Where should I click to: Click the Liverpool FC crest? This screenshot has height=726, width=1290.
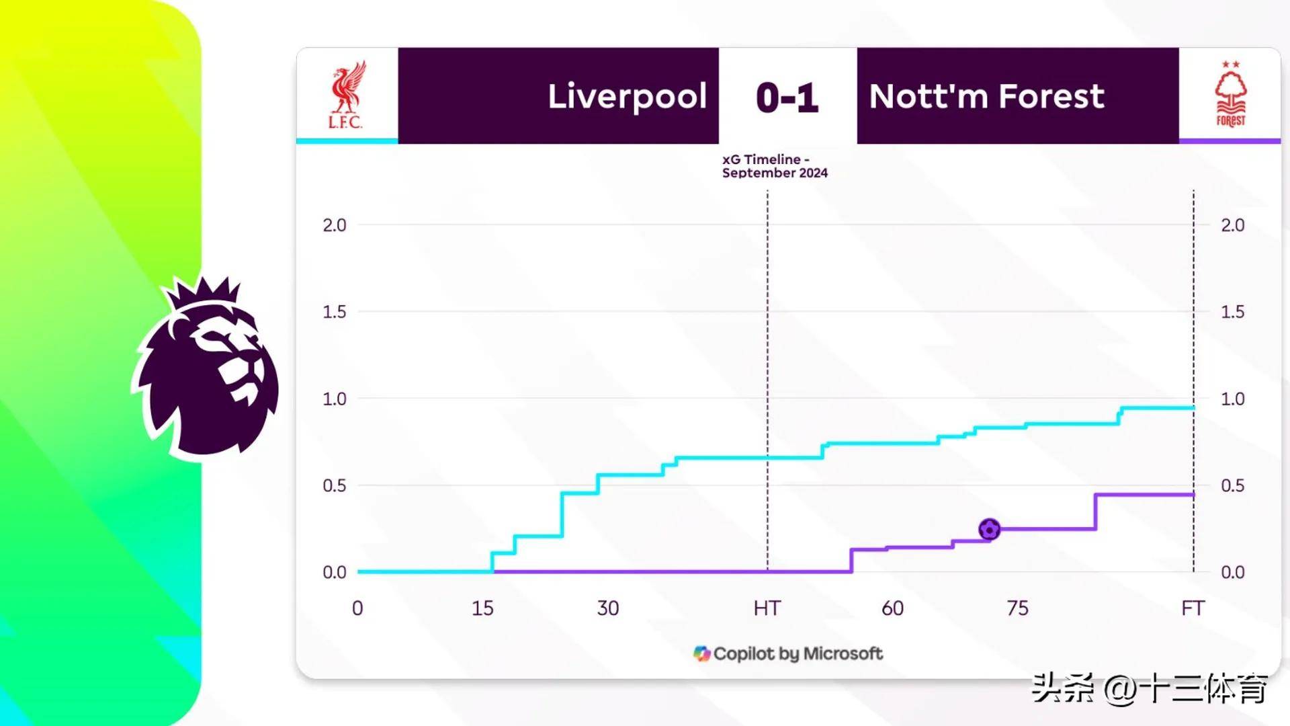[347, 95]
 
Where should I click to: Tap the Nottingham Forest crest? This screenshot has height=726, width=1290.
[1230, 94]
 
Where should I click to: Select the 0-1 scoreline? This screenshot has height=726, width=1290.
[787, 97]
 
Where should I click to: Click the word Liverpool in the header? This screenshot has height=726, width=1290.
[627, 97]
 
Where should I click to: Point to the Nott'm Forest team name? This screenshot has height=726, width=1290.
[986, 96]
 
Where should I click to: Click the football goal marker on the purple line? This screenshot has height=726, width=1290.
[989, 529]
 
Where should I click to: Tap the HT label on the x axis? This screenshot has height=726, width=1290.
[767, 608]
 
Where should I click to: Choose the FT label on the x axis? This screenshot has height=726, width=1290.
[1193, 608]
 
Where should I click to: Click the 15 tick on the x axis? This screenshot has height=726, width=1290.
[482, 608]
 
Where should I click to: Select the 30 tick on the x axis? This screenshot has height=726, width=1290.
[608, 608]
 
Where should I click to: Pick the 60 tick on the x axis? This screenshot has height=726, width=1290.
[892, 608]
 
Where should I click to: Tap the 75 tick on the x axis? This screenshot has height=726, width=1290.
[1017, 608]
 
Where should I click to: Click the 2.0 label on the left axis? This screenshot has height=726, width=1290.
[335, 225]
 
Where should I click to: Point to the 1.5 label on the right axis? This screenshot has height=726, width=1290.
[1232, 312]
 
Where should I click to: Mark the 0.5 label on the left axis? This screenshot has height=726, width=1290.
[335, 485]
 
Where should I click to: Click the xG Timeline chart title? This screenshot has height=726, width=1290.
[775, 166]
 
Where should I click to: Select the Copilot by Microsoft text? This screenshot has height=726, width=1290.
[798, 653]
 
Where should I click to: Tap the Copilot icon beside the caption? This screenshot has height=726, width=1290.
[701, 653]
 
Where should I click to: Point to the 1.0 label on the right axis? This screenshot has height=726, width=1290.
[1232, 399]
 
